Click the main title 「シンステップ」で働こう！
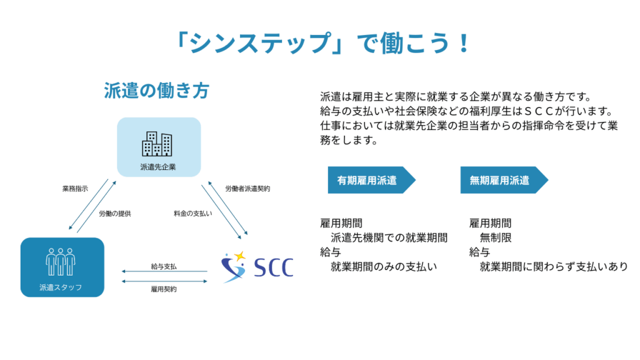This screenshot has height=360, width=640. [322, 43]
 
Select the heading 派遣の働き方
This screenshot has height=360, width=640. [156, 91]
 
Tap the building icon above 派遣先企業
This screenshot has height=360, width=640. [157, 144]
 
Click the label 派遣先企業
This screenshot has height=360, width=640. [158, 167]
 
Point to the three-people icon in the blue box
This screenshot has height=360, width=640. [61, 262]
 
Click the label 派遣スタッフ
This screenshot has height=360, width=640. [61, 287]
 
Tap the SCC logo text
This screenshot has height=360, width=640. [274, 267]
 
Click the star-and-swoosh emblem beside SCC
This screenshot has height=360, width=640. [234, 267]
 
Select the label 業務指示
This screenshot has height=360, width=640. [75, 189]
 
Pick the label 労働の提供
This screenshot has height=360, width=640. [115, 214]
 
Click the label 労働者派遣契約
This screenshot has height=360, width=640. [247, 189]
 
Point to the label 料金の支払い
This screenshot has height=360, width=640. [192, 214]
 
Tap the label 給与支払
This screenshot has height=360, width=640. [164, 266]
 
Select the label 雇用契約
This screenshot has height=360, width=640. [164, 289]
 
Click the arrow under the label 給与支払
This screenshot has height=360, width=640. [164, 271]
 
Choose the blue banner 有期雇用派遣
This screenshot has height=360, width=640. [371, 180]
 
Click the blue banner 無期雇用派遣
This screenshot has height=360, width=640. [504, 180]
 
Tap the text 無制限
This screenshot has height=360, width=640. [496, 237]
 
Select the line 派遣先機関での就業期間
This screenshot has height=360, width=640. [389, 237]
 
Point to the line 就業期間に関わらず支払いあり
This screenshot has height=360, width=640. [554, 266]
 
